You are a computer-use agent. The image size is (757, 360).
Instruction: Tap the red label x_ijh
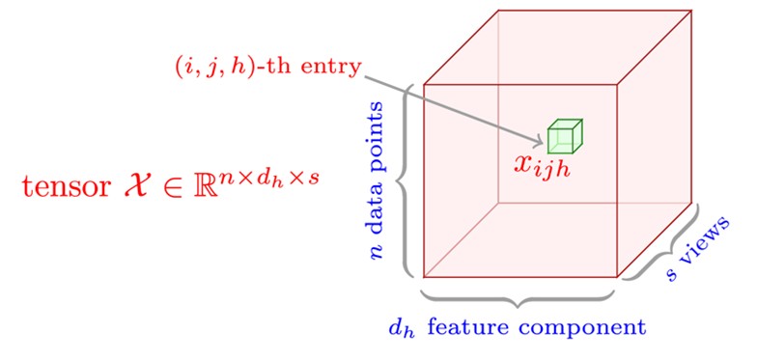click(549, 166)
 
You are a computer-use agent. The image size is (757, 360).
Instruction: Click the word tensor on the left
click(62, 185)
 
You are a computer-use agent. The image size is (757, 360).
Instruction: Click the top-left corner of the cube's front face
click(424, 85)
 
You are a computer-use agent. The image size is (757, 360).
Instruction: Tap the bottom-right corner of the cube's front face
click(616, 277)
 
